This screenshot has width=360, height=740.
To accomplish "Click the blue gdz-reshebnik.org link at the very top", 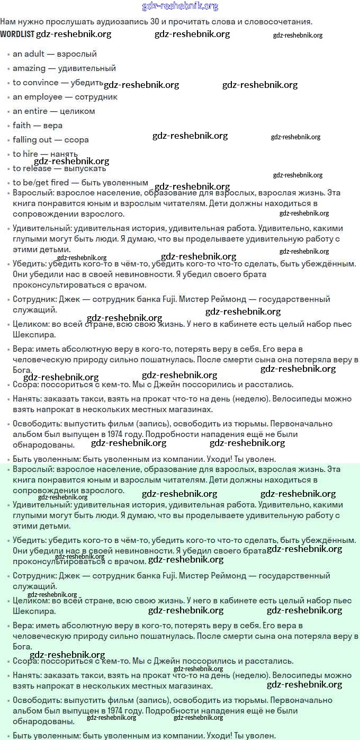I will click(180, 6).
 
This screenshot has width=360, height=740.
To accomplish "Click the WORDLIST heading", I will click(17, 34).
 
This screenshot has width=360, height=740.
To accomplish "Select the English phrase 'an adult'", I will click(29, 54).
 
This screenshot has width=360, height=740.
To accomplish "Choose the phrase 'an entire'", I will click(30, 111).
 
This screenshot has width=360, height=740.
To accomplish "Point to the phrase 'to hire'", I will click(25, 154).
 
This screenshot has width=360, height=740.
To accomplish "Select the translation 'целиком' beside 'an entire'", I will click(77, 111).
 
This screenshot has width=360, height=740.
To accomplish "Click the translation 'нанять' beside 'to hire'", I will click(64, 154).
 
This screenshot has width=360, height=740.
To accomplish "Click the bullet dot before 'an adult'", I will click(8, 55).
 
